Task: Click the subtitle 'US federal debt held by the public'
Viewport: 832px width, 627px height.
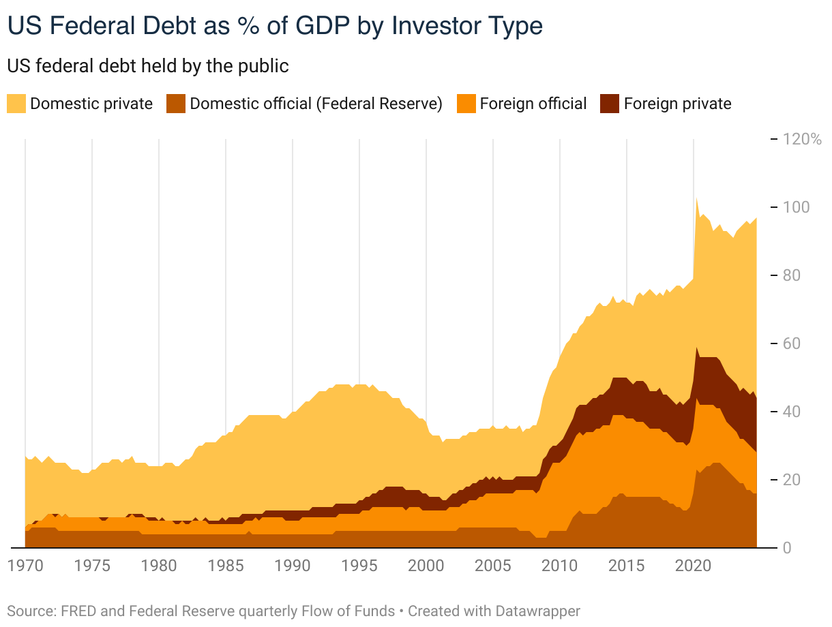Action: tap(148, 66)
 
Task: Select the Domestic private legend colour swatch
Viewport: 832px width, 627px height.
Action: tap(16, 104)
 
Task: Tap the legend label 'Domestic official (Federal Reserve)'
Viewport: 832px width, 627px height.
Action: tap(316, 104)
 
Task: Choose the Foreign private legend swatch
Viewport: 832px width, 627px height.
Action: tap(609, 104)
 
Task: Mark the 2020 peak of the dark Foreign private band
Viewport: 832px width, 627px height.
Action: tap(696, 348)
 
